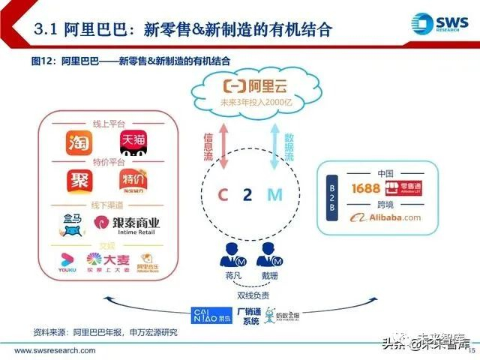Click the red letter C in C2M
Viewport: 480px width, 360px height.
(x=222, y=195)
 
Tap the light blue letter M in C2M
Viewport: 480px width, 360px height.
(x=274, y=195)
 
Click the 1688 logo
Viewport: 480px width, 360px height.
(x=361, y=187)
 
